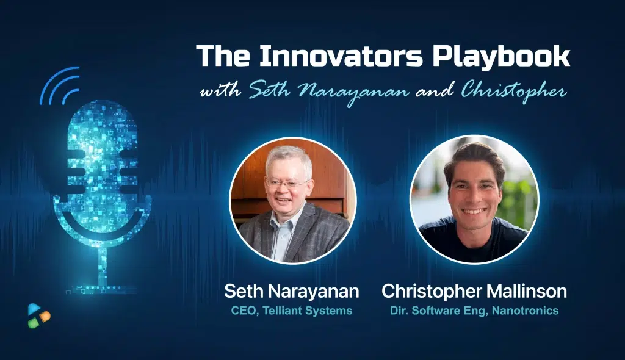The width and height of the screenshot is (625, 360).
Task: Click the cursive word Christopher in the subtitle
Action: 513,92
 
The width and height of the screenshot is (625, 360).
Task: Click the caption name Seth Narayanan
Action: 291,292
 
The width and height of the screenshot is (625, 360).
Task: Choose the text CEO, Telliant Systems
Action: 291,311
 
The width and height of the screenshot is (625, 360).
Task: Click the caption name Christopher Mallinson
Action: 474,292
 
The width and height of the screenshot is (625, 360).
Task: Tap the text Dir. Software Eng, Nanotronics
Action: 474,311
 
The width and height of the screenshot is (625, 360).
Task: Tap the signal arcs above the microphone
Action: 60,84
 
